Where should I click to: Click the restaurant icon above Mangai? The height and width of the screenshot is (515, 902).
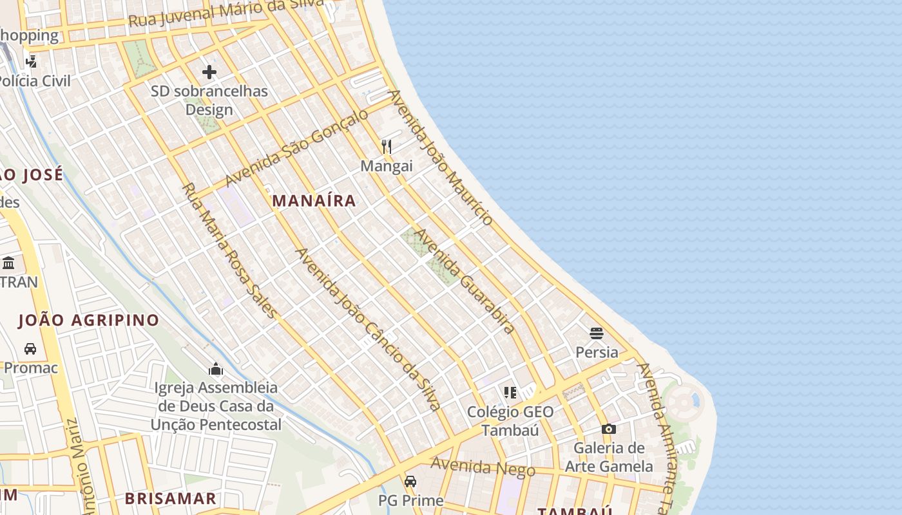click(387, 147)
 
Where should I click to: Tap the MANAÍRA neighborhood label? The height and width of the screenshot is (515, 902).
click(314, 201)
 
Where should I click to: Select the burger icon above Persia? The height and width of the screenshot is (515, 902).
click(597, 333)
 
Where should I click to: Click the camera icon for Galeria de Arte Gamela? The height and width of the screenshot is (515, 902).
click(608, 429)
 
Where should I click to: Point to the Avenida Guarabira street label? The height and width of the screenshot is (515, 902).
click(464, 281)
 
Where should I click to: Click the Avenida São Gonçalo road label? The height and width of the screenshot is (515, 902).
click(297, 147)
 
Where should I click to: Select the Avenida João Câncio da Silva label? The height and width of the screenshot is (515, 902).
click(369, 330)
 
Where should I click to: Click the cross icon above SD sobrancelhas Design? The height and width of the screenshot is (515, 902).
click(209, 72)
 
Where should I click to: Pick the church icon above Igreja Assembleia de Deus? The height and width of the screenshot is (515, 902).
click(216, 369)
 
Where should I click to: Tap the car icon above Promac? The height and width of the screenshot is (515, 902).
click(30, 349)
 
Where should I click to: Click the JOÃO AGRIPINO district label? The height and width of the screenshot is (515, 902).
click(88, 320)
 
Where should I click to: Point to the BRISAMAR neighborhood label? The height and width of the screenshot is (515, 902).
click(170, 498)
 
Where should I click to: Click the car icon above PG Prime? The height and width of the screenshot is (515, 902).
click(410, 481)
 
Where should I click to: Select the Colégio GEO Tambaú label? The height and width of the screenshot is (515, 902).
click(510, 421)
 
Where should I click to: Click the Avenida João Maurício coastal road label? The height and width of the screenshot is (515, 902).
click(441, 158)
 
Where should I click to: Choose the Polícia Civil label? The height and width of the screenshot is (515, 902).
click(34, 81)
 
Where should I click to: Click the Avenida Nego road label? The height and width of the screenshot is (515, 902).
click(483, 467)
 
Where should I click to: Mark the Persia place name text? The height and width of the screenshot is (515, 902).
click(597, 353)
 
